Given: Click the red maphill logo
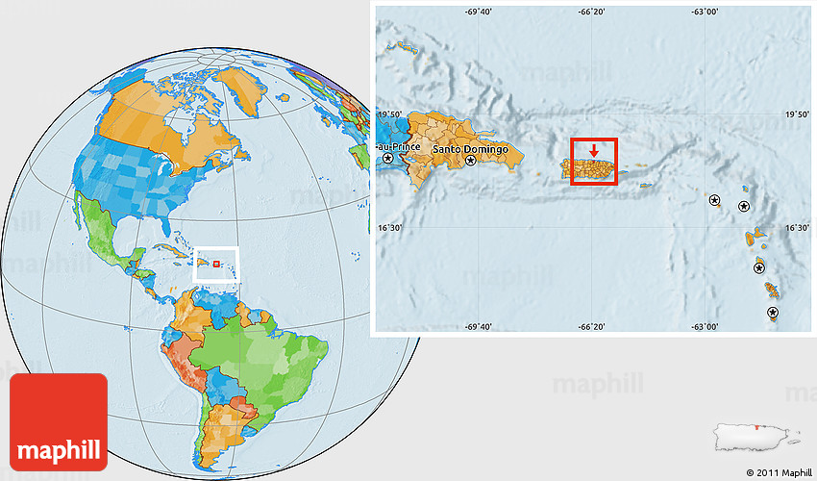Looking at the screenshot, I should (x=59, y=421).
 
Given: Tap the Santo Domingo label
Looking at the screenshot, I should (x=468, y=150).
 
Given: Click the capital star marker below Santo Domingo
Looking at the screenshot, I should (x=471, y=162).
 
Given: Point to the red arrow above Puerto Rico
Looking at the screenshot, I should (x=594, y=150).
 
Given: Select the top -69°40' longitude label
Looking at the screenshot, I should (x=479, y=12).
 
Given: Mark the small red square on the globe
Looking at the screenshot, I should (x=216, y=263).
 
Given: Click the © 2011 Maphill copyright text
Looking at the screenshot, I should (x=777, y=471).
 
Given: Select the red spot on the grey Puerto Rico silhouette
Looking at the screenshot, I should (x=757, y=427).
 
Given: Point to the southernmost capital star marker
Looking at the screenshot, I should (x=773, y=313).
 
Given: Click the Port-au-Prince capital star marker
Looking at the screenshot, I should (x=388, y=158).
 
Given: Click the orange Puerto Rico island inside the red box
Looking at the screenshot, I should (x=593, y=171).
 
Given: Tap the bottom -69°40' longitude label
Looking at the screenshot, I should (x=479, y=326).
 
